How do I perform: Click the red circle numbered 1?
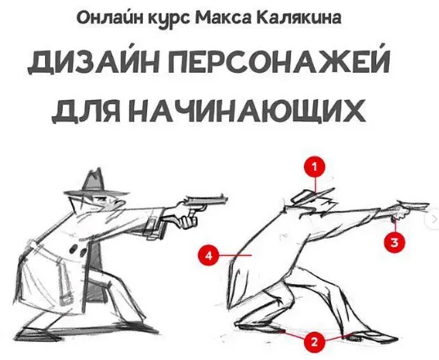[x=315, y=167]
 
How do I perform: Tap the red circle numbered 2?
[x=314, y=342]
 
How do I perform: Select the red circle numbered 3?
[x=394, y=242]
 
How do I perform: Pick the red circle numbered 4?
[x=208, y=255]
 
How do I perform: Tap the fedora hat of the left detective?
[x=96, y=186]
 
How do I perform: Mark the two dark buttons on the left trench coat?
[x=78, y=250]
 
